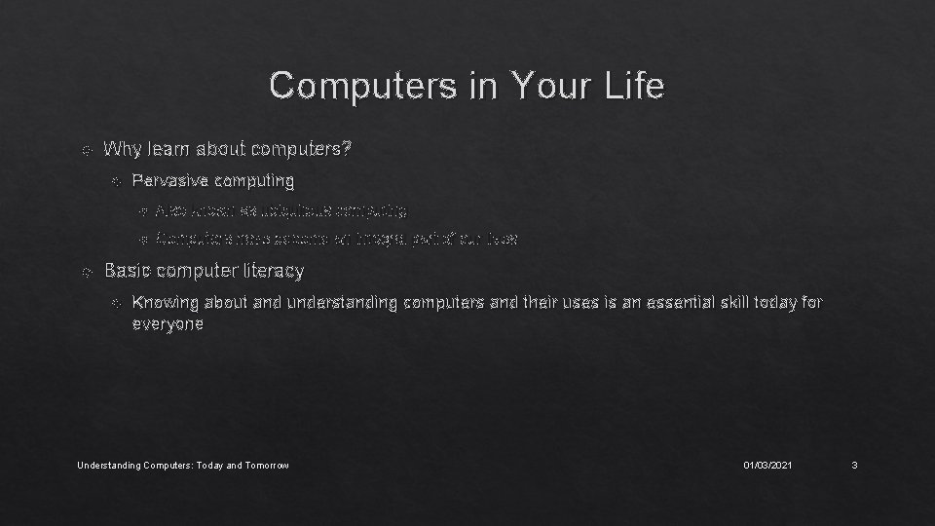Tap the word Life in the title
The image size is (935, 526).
coord(632,87)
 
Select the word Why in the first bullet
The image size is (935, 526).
coord(122,150)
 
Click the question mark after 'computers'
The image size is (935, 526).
coord(349,150)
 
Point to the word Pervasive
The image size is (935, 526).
coord(169,180)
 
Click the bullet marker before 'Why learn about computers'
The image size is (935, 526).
coord(87,151)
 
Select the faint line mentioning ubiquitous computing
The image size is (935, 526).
coord(281,209)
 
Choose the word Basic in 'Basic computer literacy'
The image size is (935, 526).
coord(126,270)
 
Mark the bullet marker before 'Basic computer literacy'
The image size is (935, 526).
coord(87,271)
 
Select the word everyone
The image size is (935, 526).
coord(168,324)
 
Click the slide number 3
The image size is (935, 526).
coord(853,466)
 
